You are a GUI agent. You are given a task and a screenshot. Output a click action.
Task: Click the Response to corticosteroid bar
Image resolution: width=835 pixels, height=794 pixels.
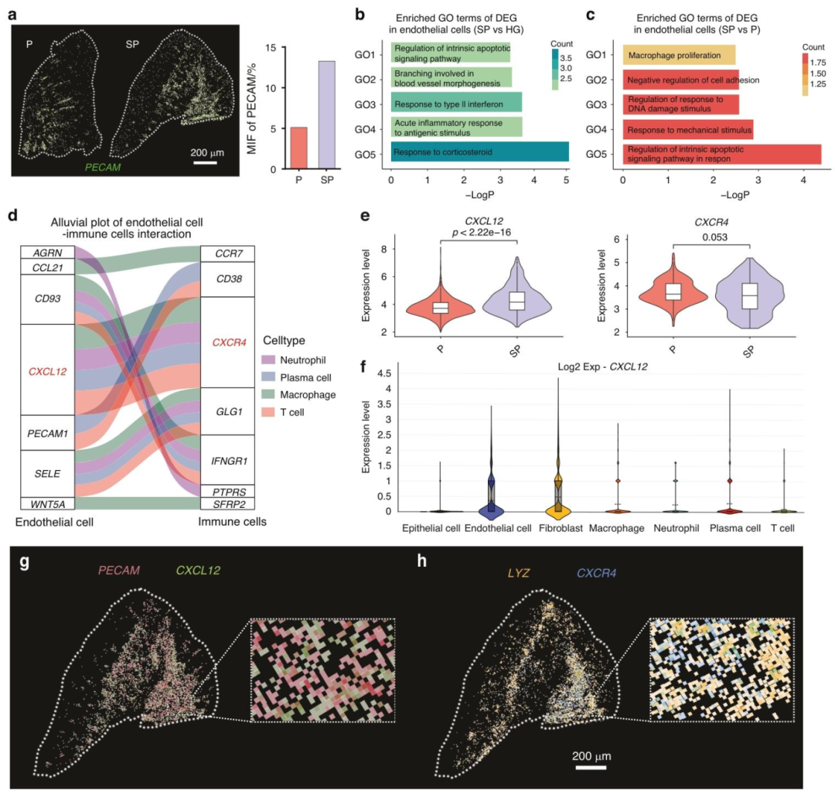pyautogui.click(x=479, y=152)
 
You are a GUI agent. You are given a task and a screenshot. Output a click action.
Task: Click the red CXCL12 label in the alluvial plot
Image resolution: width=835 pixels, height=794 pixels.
pyautogui.click(x=46, y=371)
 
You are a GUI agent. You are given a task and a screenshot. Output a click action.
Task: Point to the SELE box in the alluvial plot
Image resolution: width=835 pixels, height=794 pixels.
pyautogui.click(x=46, y=472)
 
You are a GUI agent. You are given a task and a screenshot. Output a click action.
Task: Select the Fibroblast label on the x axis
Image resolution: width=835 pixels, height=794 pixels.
pyautogui.click(x=555, y=528)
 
